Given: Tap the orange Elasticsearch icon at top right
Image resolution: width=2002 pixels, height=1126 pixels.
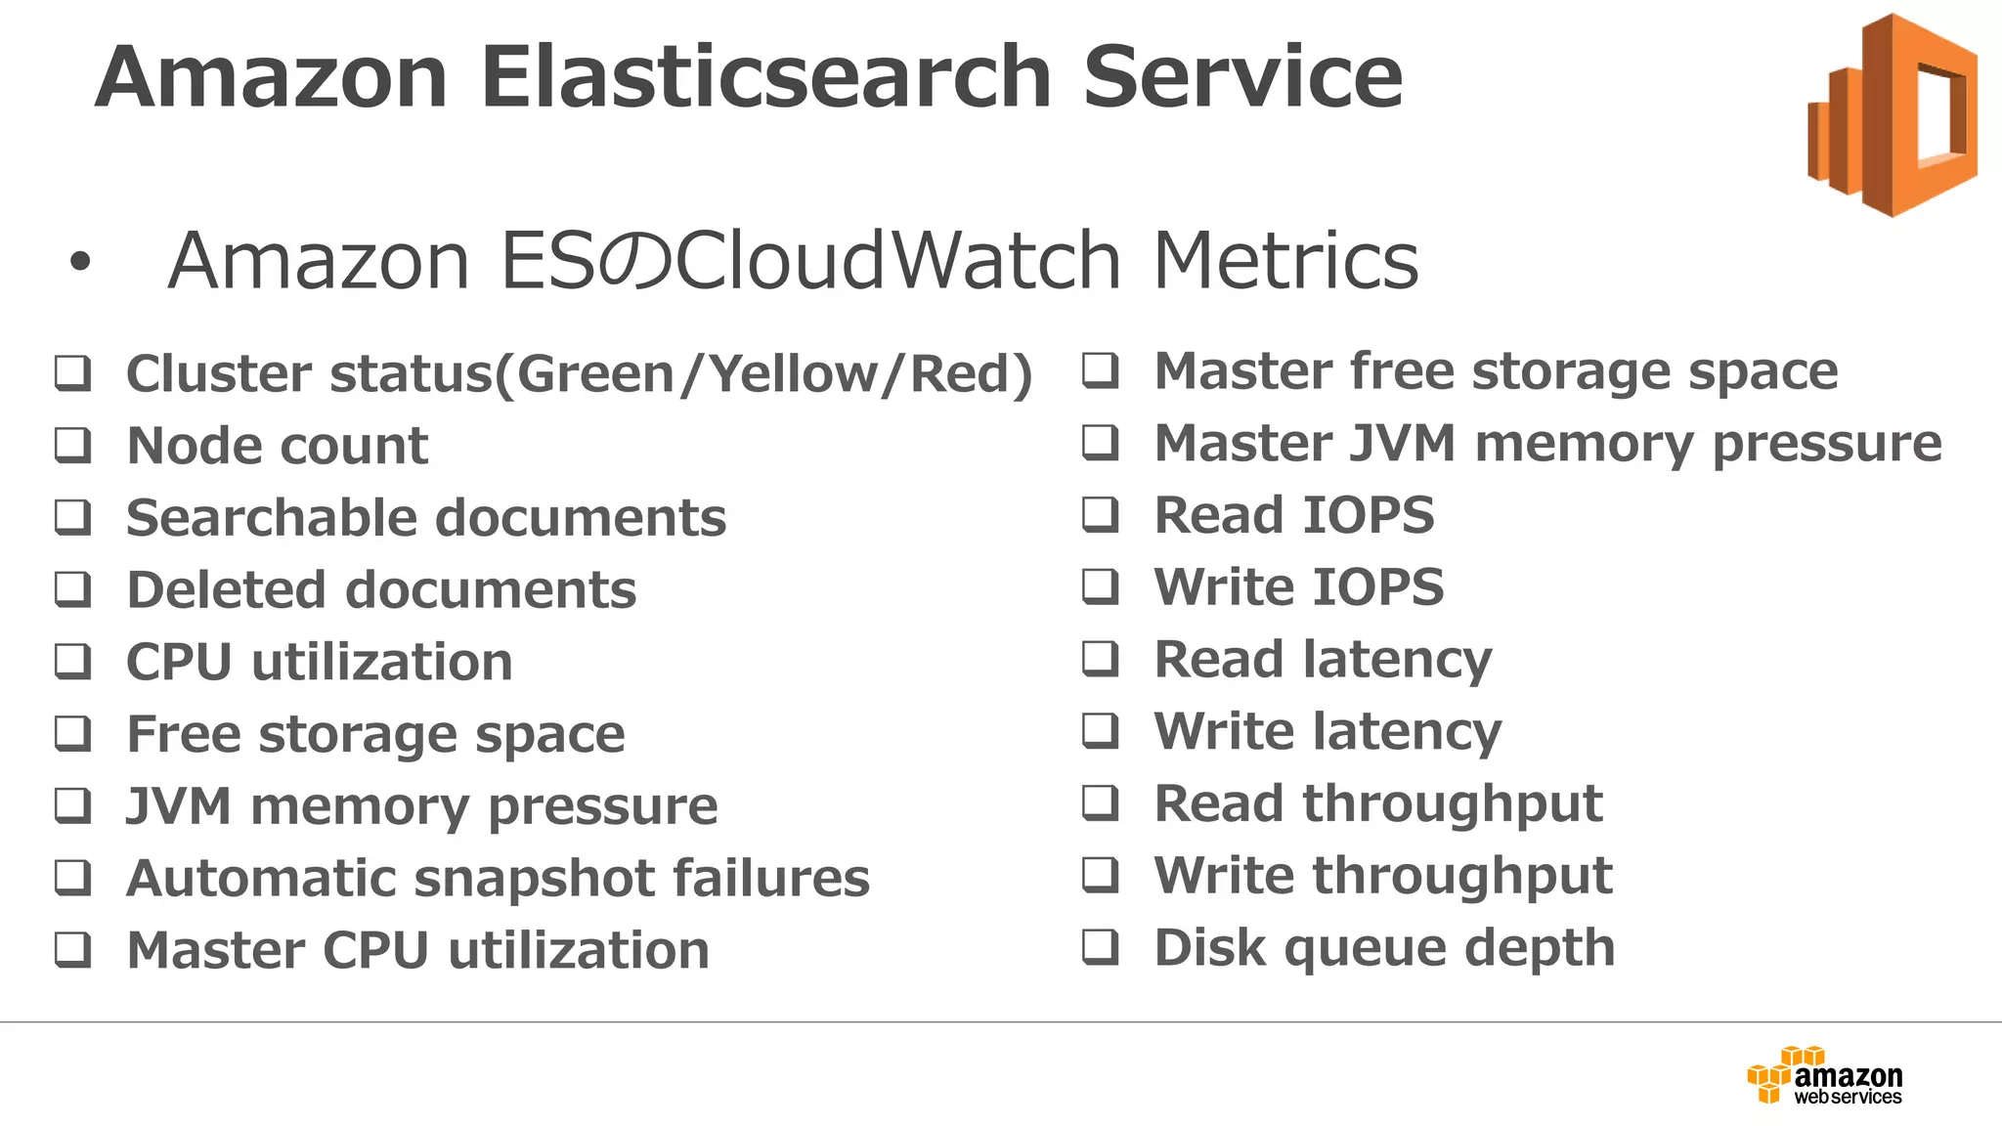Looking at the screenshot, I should pyautogui.click(x=1893, y=115).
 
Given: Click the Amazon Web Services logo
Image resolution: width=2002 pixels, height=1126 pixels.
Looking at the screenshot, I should pyautogui.click(x=1824, y=1076).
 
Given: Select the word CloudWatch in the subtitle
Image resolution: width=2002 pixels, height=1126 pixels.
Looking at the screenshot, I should pyautogui.click(x=897, y=261).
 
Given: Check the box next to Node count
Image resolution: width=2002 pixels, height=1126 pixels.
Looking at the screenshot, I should pyautogui.click(x=73, y=445).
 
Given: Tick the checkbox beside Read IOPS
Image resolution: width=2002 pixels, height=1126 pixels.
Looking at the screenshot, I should pyautogui.click(x=1101, y=514).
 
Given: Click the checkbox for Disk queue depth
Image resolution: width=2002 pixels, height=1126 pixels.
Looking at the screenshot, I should pyautogui.click(x=1101, y=946).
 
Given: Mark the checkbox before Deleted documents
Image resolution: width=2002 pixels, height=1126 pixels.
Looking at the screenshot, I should pyautogui.click(x=73, y=589).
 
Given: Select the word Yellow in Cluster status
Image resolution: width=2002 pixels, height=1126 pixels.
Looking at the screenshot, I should pyautogui.click(x=791, y=373).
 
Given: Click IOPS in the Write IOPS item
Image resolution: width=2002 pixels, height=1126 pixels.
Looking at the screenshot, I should pyautogui.click(x=1377, y=586).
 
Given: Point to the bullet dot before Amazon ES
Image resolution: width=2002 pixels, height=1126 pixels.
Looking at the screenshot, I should pyautogui.click(x=80, y=261).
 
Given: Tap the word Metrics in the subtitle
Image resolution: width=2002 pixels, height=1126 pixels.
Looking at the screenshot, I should pyautogui.click(x=1285, y=261).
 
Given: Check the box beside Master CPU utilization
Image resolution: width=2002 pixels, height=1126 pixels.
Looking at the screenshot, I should pyautogui.click(x=73, y=949).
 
